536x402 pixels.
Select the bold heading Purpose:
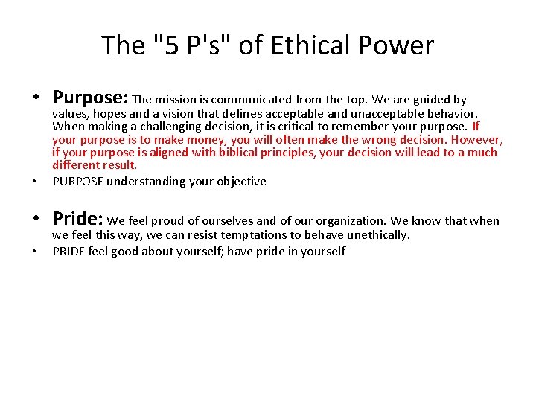pyautogui.click(x=91, y=98)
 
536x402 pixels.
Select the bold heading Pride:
pyautogui.click(x=77, y=219)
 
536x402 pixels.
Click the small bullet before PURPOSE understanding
pyautogui.click(x=36, y=182)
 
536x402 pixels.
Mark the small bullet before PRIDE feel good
pyautogui.click(x=36, y=252)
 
